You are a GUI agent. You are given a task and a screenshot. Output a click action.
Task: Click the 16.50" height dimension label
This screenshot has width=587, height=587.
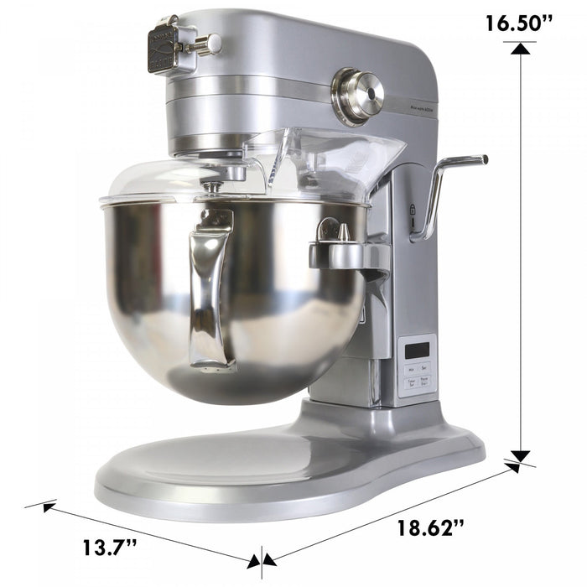tap(517, 23)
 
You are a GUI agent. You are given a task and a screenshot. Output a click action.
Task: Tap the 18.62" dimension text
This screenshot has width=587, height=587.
tap(430, 527)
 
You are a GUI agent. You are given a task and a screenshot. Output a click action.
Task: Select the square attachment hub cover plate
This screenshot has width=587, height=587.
tap(164, 49)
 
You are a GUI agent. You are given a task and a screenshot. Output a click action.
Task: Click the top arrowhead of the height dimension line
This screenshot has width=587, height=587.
tap(522, 49)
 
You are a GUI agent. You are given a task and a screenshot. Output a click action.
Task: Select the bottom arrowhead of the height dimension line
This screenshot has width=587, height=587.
tap(522, 457)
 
